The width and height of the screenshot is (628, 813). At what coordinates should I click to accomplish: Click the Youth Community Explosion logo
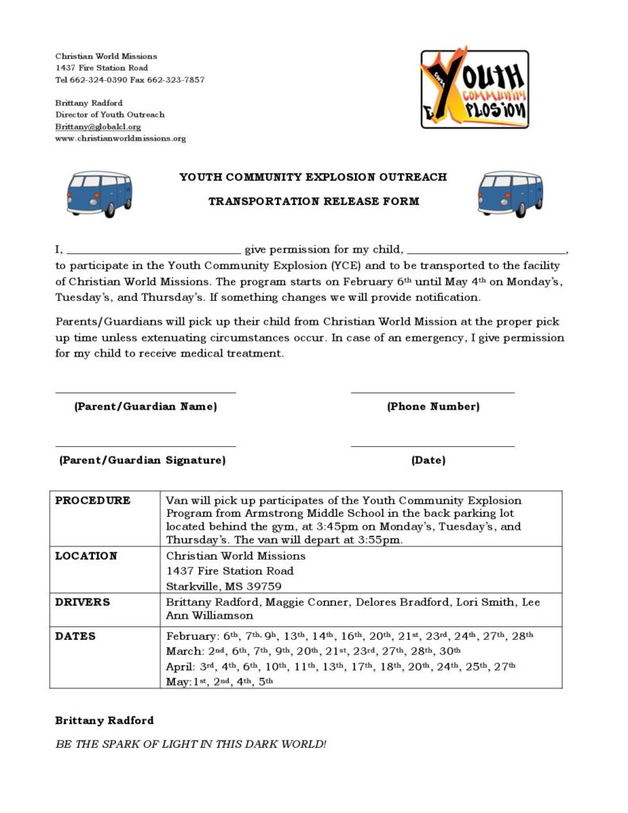475,87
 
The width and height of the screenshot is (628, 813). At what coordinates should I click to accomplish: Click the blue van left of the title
100,193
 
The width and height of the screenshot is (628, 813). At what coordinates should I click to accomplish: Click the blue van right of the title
510,193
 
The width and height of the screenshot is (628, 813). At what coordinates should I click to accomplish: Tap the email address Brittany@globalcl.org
98,126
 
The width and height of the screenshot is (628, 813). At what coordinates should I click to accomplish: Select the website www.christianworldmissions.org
120,138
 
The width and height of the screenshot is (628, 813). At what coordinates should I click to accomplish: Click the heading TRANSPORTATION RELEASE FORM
314,201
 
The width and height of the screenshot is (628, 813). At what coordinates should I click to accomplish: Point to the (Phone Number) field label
433,406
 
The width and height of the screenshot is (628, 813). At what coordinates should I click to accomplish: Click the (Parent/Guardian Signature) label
142,460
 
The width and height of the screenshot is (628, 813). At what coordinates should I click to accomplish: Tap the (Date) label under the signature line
428,460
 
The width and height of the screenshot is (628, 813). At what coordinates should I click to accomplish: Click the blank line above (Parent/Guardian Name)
145,391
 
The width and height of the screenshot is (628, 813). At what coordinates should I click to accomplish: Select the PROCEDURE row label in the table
92,500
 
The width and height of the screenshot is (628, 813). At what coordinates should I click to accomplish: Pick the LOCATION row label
86,556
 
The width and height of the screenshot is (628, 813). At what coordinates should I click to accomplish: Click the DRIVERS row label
83,602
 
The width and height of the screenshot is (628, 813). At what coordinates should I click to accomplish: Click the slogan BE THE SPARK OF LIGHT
191,744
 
